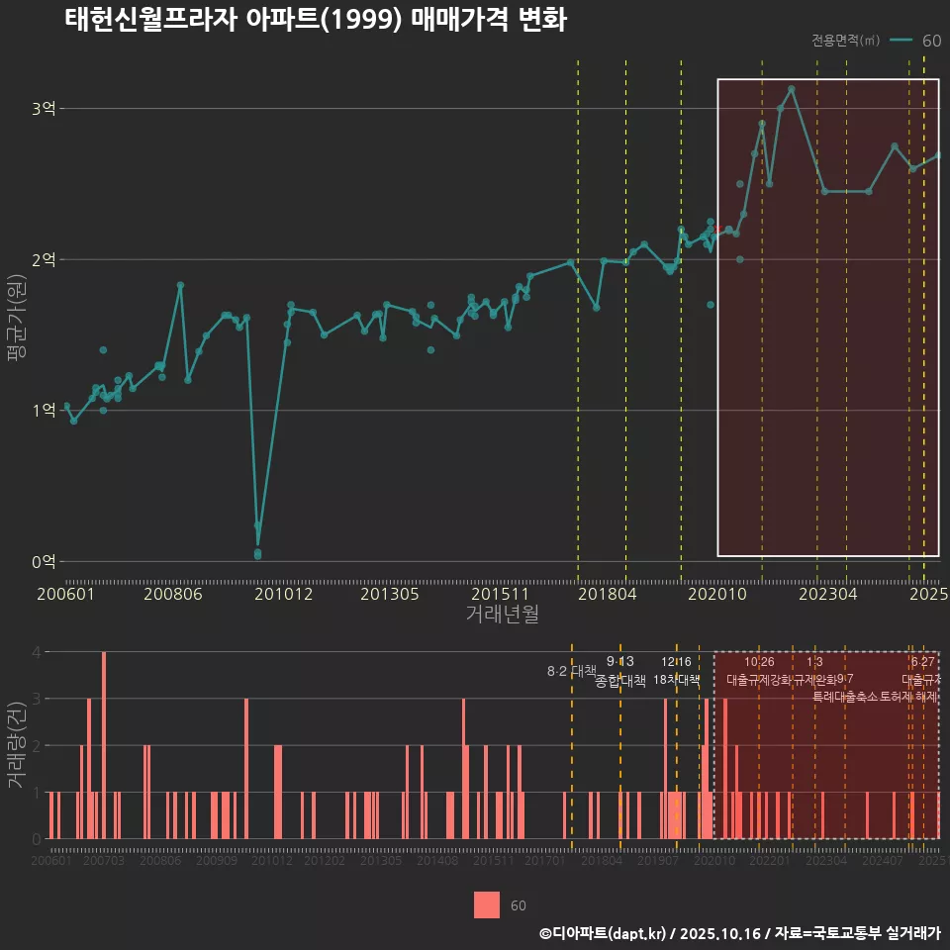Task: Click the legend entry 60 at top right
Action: pyautogui.click(x=930, y=41)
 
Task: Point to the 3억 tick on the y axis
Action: pyautogui.click(x=44, y=109)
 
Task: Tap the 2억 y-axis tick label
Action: pyautogui.click(x=44, y=259)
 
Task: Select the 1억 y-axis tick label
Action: pyautogui.click(x=44, y=411)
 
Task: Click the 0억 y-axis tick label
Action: pyautogui.click(x=44, y=562)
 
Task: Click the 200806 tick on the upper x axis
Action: pyautogui.click(x=172, y=595)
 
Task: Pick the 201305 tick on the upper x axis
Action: pyautogui.click(x=390, y=595)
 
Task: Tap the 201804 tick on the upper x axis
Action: pyautogui.click(x=607, y=595)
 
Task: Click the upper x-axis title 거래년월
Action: pyautogui.click(x=502, y=615)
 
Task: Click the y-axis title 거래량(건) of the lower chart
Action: pyautogui.click(x=17, y=745)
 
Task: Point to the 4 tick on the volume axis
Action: pyautogui.click(x=37, y=652)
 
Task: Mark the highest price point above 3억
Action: pyautogui.click(x=792, y=89)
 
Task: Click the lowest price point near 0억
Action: pyautogui.click(x=257, y=554)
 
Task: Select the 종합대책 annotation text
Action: pyautogui.click(x=620, y=681)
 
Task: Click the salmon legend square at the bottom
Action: pyautogui.click(x=487, y=904)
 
